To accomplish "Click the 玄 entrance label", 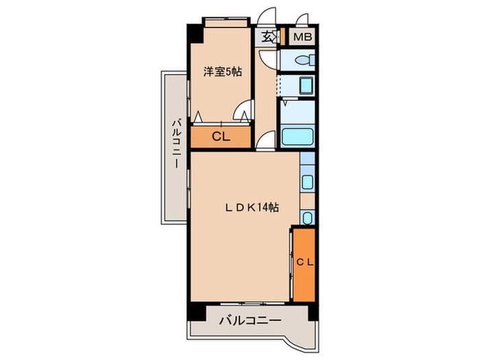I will [x=266, y=38].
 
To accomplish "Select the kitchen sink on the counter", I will [x=307, y=182].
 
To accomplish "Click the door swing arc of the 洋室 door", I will [x=242, y=109].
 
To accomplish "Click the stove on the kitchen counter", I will [x=307, y=218].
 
